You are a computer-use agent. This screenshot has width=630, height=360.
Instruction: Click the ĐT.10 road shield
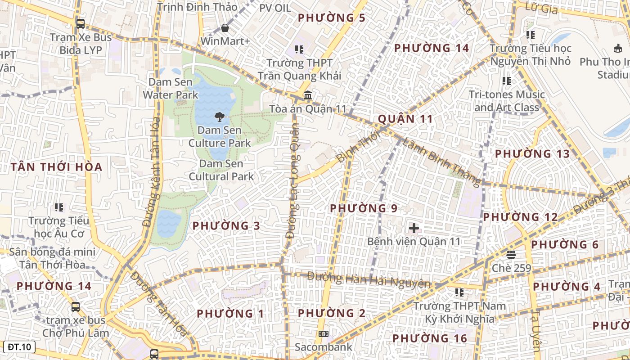click(19, 347)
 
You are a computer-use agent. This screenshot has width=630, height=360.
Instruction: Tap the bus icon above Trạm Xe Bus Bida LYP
click(81, 24)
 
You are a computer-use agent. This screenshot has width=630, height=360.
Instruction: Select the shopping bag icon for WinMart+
click(225, 28)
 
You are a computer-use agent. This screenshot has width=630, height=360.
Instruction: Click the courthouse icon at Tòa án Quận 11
click(308, 95)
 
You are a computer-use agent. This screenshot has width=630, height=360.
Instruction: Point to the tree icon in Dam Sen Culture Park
click(220, 117)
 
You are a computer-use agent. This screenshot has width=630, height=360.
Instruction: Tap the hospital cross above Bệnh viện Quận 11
click(414, 228)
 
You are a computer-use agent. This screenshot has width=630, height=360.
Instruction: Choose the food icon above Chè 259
click(511, 255)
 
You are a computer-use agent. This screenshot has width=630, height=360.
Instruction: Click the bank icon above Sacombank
click(323, 334)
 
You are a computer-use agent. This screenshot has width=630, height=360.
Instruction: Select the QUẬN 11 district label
click(405, 119)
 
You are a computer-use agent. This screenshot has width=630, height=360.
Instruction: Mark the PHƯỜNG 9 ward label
click(364, 208)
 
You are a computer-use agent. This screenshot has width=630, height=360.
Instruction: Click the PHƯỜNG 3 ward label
click(226, 226)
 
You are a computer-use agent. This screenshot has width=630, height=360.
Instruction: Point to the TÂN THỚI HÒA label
click(57, 167)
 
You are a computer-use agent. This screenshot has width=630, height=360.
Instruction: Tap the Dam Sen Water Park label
click(171, 89)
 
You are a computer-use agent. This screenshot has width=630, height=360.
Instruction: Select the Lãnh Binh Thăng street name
click(441, 161)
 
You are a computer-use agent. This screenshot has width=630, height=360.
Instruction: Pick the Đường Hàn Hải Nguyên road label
click(369, 279)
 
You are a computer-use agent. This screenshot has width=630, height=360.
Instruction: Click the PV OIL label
click(275, 8)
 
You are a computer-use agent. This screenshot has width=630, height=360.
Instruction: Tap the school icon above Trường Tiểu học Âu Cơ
click(59, 207)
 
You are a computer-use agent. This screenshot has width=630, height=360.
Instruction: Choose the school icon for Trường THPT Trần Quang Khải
click(299, 49)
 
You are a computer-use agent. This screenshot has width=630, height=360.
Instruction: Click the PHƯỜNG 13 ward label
click(532, 154)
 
